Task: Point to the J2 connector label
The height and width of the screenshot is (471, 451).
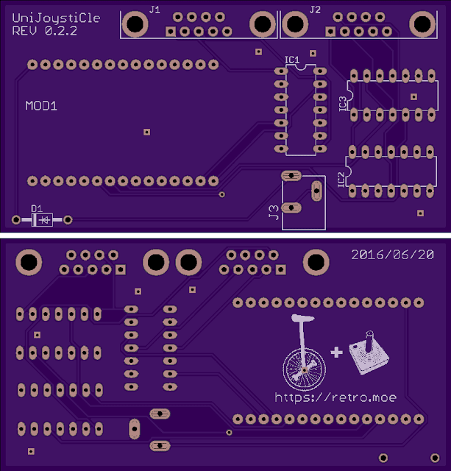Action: coord(315,10)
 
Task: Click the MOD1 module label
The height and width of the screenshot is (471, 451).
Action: coord(41,106)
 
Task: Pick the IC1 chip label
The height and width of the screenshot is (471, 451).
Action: coord(291,60)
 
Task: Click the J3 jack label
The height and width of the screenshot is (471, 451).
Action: coord(273,214)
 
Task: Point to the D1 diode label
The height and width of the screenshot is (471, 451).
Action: coord(37,209)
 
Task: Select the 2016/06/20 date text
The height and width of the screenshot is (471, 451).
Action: coord(393,255)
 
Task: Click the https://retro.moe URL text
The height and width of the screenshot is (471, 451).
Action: coord(335,397)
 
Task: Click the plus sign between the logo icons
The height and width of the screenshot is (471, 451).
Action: coord(337,353)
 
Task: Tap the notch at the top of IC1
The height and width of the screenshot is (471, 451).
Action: coord(300,68)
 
